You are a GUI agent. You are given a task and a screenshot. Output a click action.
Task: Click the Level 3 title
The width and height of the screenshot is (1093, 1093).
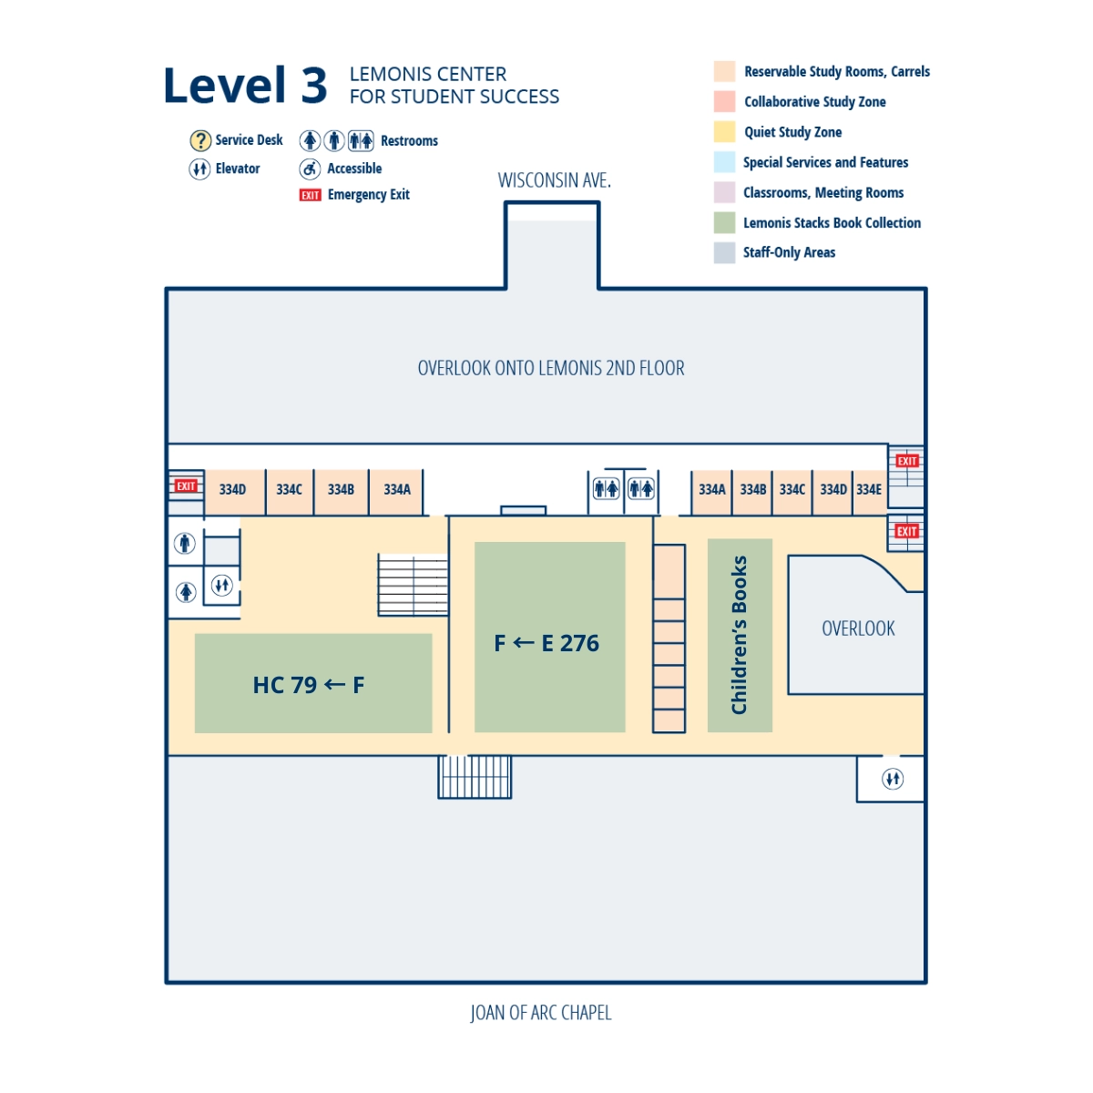pyautogui.click(x=244, y=87)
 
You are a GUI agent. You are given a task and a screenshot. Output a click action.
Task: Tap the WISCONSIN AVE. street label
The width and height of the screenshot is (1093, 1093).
pyautogui.click(x=554, y=180)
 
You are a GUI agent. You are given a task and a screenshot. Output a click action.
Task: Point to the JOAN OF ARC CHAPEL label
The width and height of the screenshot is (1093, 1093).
pyautogui.click(x=540, y=1013)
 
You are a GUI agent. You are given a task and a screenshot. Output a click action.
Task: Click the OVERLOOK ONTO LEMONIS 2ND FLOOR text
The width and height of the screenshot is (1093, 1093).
pyautogui.click(x=550, y=368)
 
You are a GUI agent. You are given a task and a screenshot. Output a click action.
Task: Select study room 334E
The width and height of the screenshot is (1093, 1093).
pyautogui.click(x=869, y=490)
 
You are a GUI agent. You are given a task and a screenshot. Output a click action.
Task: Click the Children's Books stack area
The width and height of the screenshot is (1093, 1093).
pyautogui.click(x=740, y=635)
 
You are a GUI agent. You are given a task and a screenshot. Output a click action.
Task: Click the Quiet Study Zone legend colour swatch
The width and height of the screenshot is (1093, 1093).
pyautogui.click(x=724, y=132)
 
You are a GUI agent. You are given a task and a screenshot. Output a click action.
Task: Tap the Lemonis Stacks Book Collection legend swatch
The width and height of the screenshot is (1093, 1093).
pyautogui.click(x=724, y=223)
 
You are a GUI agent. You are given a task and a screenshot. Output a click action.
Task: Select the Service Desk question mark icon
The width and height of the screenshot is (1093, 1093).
pyautogui.click(x=200, y=140)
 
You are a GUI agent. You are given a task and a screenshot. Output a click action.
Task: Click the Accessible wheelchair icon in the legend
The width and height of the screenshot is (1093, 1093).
pyautogui.click(x=310, y=169)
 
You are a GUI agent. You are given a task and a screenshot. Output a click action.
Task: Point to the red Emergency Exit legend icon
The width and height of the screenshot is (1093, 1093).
pyautogui.click(x=310, y=195)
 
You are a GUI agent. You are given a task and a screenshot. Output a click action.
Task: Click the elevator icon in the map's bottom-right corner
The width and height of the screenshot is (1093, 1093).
pyautogui.click(x=893, y=780)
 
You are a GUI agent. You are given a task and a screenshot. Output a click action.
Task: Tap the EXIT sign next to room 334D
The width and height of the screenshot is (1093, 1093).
pyautogui.click(x=186, y=486)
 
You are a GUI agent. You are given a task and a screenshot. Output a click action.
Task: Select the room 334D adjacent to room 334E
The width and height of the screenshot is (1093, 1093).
pyautogui.click(x=833, y=490)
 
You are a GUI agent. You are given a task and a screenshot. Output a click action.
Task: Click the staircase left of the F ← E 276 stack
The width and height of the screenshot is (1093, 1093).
pyautogui.click(x=413, y=584)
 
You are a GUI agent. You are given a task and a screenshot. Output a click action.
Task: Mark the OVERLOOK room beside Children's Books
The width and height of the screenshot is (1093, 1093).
pyautogui.click(x=856, y=628)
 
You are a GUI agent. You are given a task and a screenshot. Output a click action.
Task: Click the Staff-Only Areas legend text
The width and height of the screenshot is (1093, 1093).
pyautogui.click(x=789, y=252)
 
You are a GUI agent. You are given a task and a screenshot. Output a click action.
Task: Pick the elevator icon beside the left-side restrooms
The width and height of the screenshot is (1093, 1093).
pyautogui.click(x=221, y=586)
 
